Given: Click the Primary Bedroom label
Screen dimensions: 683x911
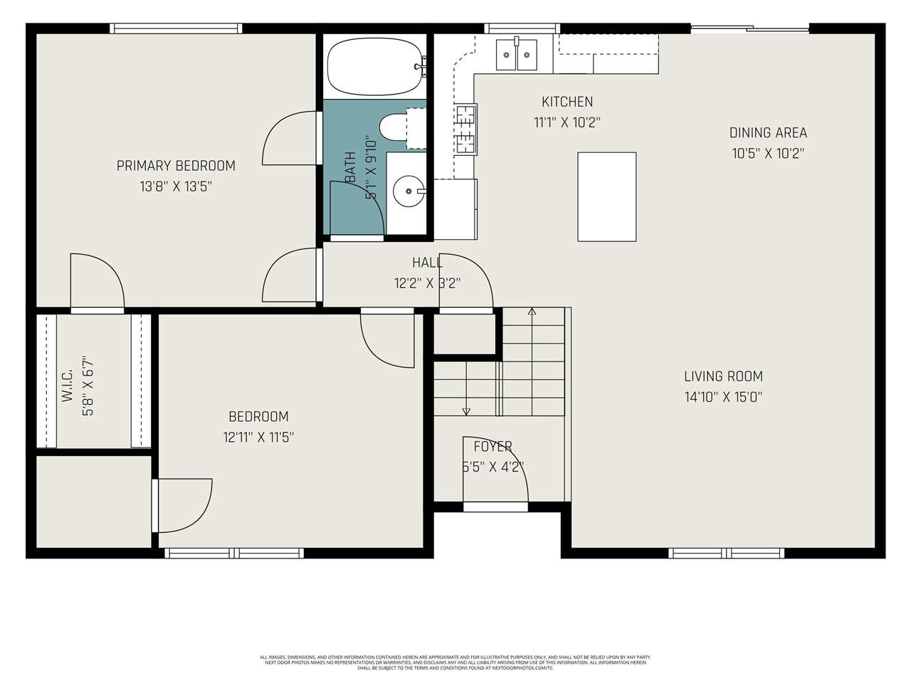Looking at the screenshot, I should coord(176,166).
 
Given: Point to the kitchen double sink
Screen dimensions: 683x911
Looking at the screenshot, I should coord(517,54).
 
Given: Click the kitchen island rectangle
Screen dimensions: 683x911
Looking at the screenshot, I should coord(606,197).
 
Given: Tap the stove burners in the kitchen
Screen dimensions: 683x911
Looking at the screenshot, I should coord(466,129).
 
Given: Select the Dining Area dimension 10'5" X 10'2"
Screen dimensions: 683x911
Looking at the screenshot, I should coord(768,153).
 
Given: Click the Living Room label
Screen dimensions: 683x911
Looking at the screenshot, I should coord(723,376).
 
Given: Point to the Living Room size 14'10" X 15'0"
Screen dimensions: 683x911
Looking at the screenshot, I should coord(723,397).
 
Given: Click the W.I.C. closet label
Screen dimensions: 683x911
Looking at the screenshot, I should coord(68,386).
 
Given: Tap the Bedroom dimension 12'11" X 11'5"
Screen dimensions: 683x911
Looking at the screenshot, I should coord(258,437).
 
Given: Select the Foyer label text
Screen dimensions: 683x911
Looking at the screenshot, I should coord(493,446).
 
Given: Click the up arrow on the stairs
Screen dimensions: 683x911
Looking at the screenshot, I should coord(532,312).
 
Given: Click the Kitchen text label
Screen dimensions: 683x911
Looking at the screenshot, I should coord(567,102).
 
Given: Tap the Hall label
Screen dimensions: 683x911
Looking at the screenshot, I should coord(427,263).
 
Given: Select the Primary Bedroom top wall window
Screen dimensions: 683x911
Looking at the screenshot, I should coord(176,28).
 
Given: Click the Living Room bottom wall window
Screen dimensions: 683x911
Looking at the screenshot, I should coord(726,553).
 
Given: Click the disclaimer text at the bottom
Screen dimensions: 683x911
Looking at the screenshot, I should coord(455,662).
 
